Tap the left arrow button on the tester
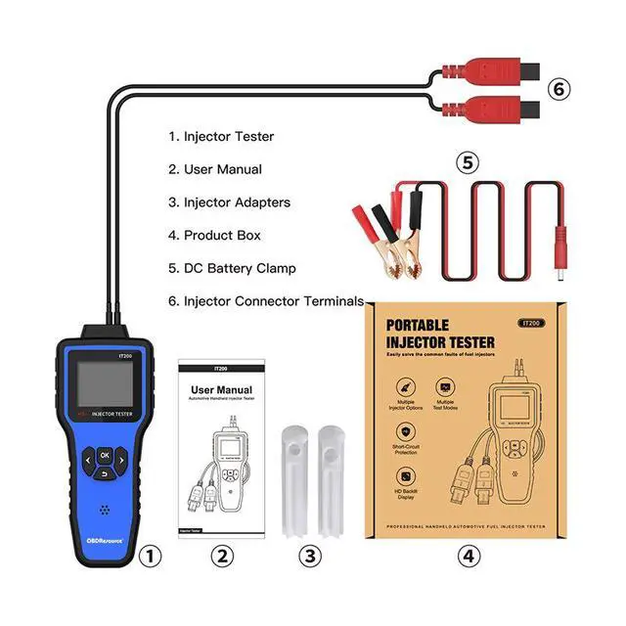[x=88, y=456]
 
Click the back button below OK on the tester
[x=105, y=474]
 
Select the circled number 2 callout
[x=224, y=556]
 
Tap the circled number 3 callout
[x=309, y=556]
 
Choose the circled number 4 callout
[x=470, y=556]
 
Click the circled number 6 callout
[x=557, y=89]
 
